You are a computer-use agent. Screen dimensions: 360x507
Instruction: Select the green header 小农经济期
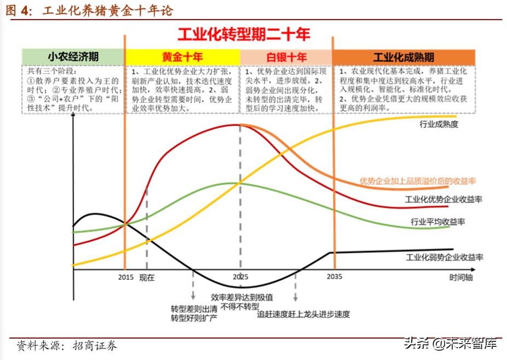[x=73, y=57]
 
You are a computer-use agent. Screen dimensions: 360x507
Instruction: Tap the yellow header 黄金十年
[x=182, y=57]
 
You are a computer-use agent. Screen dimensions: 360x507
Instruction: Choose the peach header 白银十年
[x=286, y=57]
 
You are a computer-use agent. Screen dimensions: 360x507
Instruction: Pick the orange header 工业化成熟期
[x=404, y=57]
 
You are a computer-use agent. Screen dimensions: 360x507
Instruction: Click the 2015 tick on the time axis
[x=126, y=277]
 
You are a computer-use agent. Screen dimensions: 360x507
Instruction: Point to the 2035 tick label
[x=333, y=276]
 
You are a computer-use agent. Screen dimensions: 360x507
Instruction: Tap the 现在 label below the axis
[x=147, y=277]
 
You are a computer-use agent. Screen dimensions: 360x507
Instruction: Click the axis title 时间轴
[x=461, y=277]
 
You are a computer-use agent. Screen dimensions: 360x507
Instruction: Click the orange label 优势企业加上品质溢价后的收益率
[x=417, y=181]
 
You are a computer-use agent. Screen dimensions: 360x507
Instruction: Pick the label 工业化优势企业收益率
[x=443, y=199]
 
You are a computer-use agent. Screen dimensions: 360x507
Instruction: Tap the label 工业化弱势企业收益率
[x=445, y=257]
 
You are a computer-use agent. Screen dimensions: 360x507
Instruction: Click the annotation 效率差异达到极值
[x=242, y=297]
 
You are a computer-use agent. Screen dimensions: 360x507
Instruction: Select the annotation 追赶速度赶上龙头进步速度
[x=303, y=314]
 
